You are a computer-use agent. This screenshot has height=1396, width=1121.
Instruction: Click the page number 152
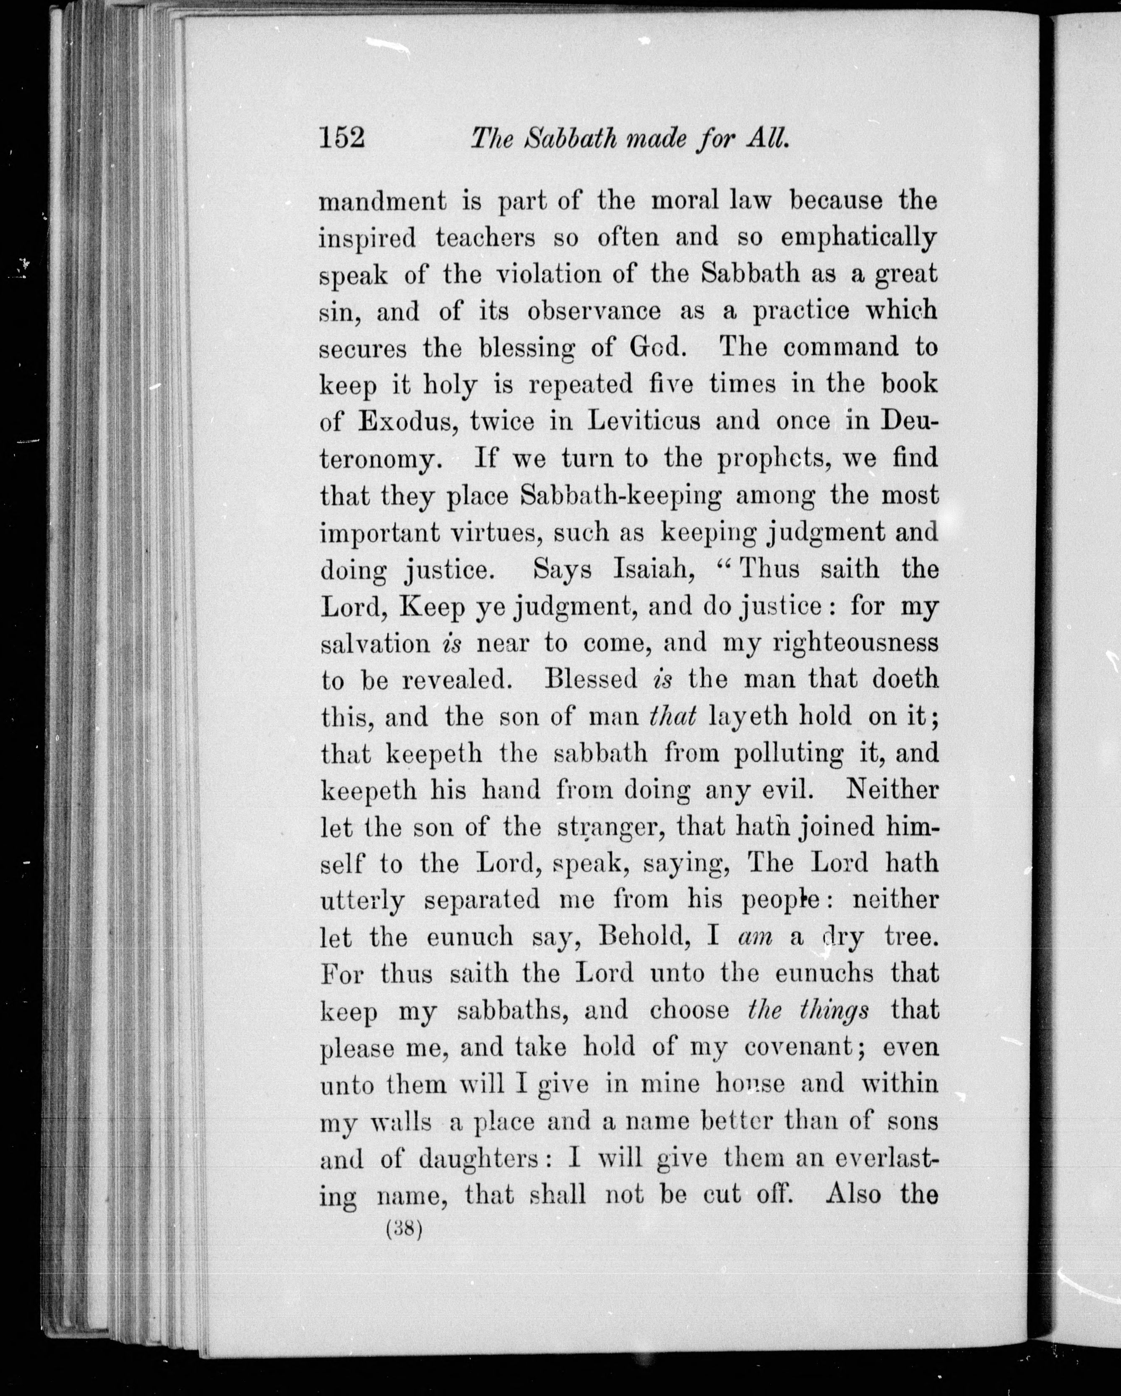[x=343, y=138]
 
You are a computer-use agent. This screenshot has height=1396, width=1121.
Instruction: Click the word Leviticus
[x=644, y=422]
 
